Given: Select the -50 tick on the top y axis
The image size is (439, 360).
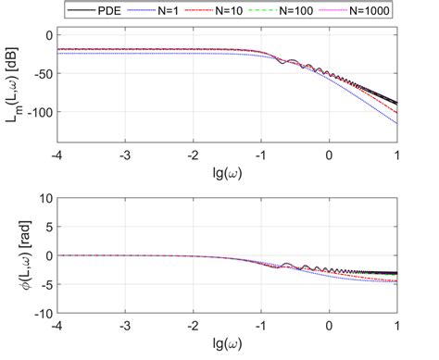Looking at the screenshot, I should [x=41, y=73].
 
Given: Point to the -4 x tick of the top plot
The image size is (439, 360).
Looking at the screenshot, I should [x=57, y=153].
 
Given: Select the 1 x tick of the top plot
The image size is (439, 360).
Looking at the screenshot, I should [x=397, y=153].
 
